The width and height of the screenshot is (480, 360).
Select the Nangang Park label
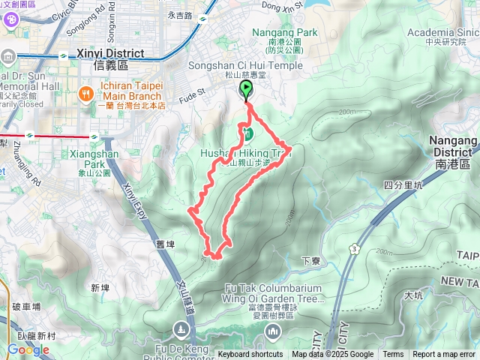285,32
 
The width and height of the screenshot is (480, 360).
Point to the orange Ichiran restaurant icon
85,94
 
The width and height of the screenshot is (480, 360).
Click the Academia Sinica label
442,32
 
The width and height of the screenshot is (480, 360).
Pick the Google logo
28,349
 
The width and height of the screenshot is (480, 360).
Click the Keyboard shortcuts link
250,355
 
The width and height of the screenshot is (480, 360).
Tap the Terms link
393,355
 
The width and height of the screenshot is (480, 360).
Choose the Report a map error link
444,355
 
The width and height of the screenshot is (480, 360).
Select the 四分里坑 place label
403,184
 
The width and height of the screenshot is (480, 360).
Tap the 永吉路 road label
181,15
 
